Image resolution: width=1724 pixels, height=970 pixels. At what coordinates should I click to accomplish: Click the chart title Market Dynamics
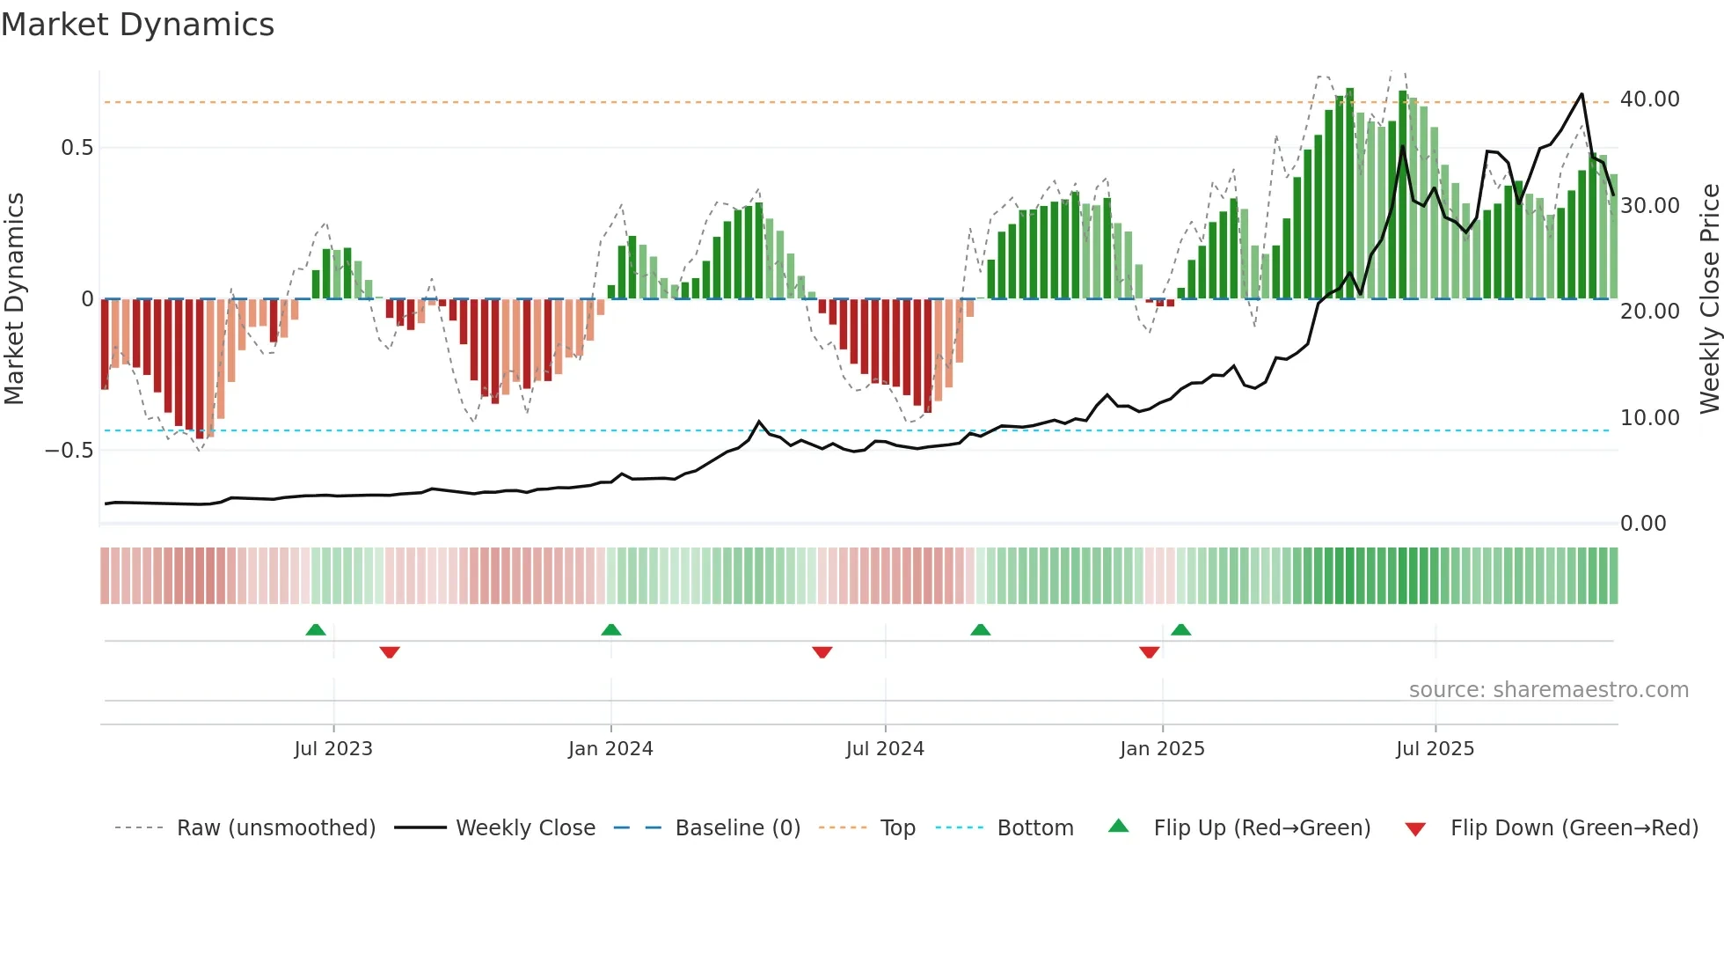click(137, 25)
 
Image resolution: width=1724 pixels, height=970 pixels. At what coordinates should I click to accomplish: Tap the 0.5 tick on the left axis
click(77, 148)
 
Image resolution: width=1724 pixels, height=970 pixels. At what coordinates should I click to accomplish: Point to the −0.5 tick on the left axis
click(69, 451)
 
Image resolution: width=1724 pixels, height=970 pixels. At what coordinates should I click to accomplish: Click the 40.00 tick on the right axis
click(1649, 99)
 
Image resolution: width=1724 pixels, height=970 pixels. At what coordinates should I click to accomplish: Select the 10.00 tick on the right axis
click(1649, 418)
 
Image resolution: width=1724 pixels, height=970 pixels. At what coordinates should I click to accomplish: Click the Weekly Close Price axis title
click(1709, 299)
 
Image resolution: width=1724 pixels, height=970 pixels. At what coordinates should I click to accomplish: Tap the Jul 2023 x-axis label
click(333, 749)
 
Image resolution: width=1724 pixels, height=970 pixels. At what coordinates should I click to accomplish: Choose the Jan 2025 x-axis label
click(1162, 749)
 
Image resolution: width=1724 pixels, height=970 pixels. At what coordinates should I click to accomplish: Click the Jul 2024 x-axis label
click(885, 749)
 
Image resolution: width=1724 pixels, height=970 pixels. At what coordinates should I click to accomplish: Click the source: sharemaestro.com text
click(1548, 690)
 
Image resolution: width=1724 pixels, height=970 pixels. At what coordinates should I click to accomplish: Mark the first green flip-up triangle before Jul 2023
click(316, 629)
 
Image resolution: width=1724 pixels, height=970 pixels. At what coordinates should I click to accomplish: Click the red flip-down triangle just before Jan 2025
click(1149, 651)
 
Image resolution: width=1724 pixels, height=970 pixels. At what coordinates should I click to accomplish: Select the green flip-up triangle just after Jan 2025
click(1181, 629)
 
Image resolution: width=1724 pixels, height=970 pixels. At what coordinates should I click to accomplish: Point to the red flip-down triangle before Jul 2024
click(822, 651)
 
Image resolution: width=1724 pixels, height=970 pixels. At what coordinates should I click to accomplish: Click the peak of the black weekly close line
click(1582, 94)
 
